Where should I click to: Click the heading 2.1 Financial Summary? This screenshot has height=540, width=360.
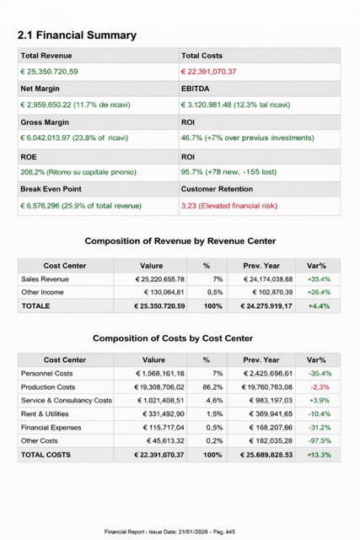(x=77, y=35)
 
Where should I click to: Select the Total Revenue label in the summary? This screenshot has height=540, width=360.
(x=46, y=55)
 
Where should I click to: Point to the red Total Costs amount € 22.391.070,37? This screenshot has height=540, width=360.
(x=209, y=72)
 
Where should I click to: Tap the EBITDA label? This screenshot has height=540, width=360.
(x=196, y=88)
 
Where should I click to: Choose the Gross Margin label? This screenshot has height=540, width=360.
(x=44, y=121)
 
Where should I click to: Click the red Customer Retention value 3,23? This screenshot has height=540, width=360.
(x=228, y=205)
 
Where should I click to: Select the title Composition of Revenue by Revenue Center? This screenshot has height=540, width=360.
(x=180, y=241)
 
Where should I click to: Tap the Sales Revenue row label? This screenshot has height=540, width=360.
(x=45, y=278)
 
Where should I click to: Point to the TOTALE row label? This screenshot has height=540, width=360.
(x=35, y=305)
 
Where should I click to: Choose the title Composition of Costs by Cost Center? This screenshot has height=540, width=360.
(x=172, y=338)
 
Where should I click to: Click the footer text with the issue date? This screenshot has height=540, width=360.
(x=180, y=532)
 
